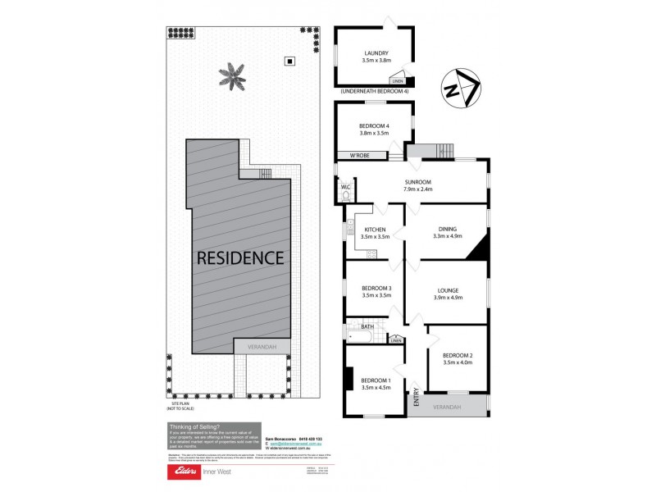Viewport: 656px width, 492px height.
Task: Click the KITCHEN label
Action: tap(373, 230)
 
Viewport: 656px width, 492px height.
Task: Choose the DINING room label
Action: tap(447, 230)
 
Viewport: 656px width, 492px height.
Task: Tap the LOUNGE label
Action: tap(448, 289)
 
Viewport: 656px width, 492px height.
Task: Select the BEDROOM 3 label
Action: tap(377, 288)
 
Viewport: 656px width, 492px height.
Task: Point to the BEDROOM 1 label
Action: tap(376, 379)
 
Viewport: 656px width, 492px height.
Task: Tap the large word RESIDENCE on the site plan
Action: tap(239, 257)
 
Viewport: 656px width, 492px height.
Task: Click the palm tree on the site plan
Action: tap(231, 77)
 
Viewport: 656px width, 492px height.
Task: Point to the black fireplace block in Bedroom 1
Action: tap(349, 379)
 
